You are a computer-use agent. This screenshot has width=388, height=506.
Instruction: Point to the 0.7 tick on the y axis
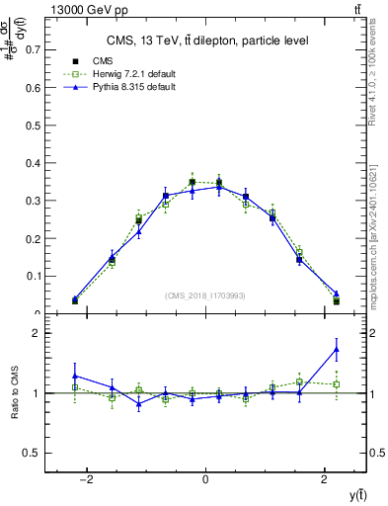[x=36, y=47]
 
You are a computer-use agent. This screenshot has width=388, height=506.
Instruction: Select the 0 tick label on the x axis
[x=204, y=480]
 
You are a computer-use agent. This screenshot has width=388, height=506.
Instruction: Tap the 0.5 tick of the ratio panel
[x=34, y=453]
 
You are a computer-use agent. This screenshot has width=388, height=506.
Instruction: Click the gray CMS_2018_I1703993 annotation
[x=205, y=295]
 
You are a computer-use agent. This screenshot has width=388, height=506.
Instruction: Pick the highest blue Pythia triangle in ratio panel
[x=337, y=349]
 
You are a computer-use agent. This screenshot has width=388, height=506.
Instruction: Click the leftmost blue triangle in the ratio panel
[x=74, y=376]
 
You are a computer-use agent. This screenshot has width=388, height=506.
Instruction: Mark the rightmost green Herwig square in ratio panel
[x=337, y=383]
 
